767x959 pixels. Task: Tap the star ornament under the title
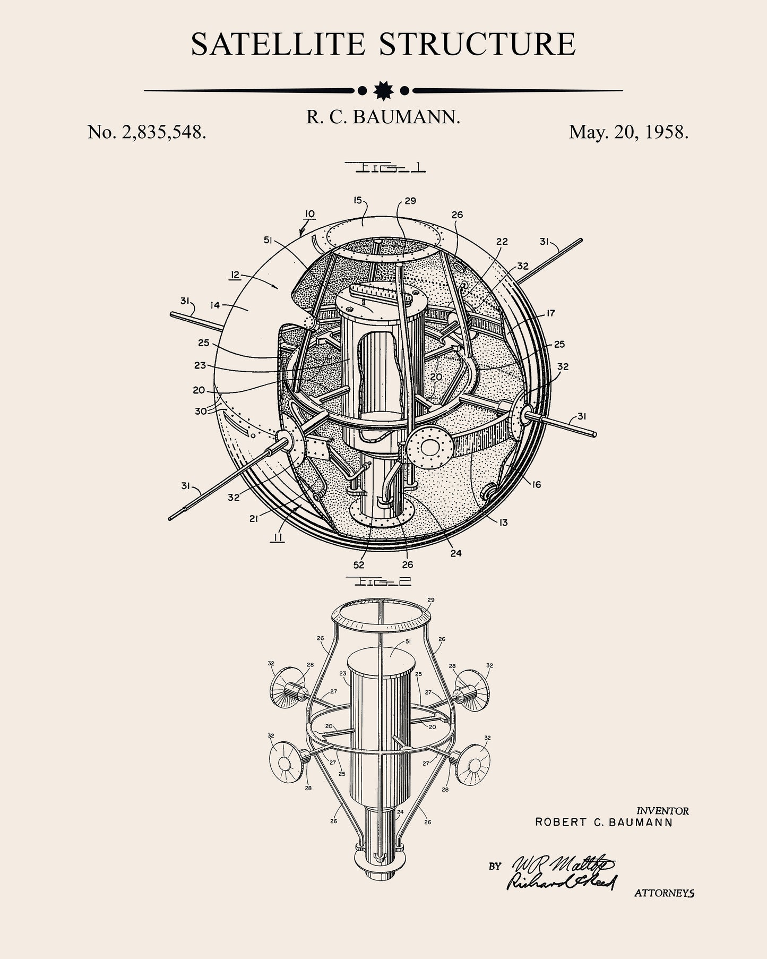(x=383, y=91)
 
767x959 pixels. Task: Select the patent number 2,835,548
(x=163, y=132)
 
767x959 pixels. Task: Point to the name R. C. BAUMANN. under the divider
(x=383, y=117)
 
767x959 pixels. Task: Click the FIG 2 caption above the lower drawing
(x=378, y=581)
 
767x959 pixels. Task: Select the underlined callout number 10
(x=309, y=214)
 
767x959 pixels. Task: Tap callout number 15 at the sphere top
(x=357, y=200)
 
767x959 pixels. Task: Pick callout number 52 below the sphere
(x=359, y=565)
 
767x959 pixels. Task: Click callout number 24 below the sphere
(x=455, y=553)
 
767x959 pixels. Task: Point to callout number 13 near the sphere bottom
(x=503, y=523)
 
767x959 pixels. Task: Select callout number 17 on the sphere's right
(x=550, y=313)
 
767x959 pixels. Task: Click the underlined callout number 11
(x=277, y=538)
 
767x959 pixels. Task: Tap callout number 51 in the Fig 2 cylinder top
(x=408, y=641)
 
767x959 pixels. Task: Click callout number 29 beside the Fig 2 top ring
(x=430, y=600)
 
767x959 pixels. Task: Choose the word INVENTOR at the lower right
(x=662, y=811)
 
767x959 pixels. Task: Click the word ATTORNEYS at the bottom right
(x=664, y=893)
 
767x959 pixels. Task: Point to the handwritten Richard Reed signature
(x=560, y=881)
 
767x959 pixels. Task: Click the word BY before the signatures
(x=495, y=866)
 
